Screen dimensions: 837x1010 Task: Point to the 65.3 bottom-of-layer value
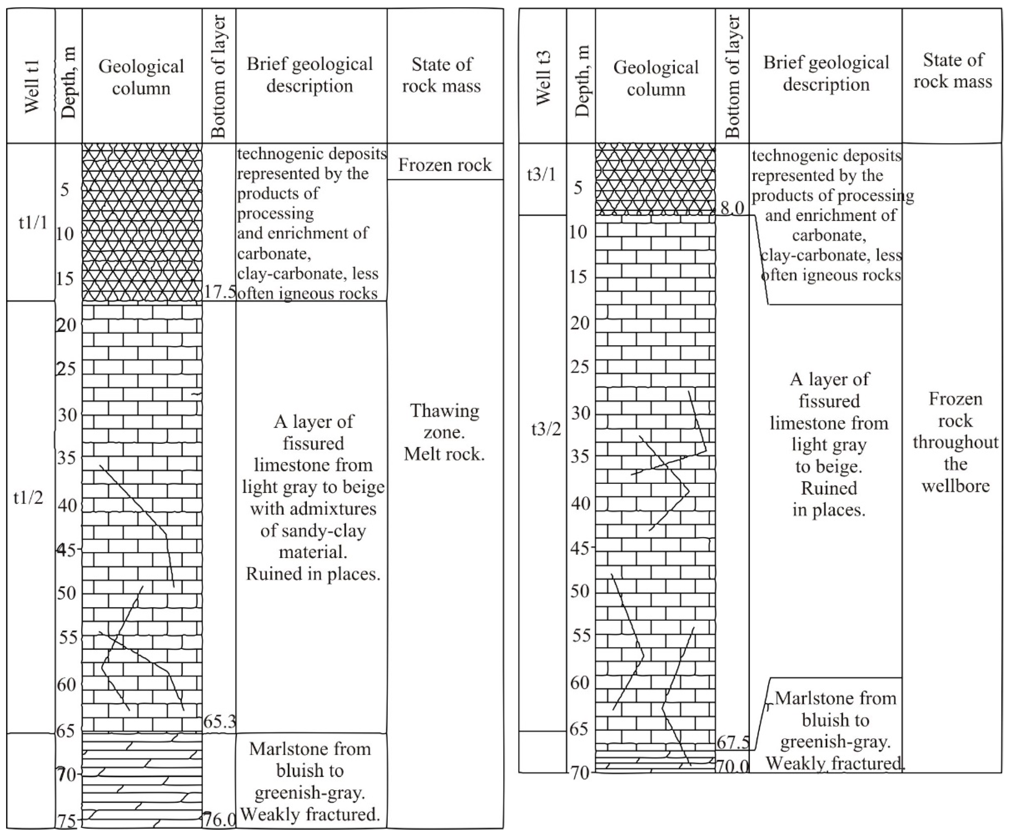click(x=219, y=721)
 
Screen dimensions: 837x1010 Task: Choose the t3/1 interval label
click(x=542, y=175)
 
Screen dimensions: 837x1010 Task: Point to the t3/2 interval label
click(x=546, y=429)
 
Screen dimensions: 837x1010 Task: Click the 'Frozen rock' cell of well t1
click(x=445, y=165)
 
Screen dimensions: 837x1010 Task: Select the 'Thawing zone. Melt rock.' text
click(x=444, y=432)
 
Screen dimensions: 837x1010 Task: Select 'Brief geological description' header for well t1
click(x=310, y=75)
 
